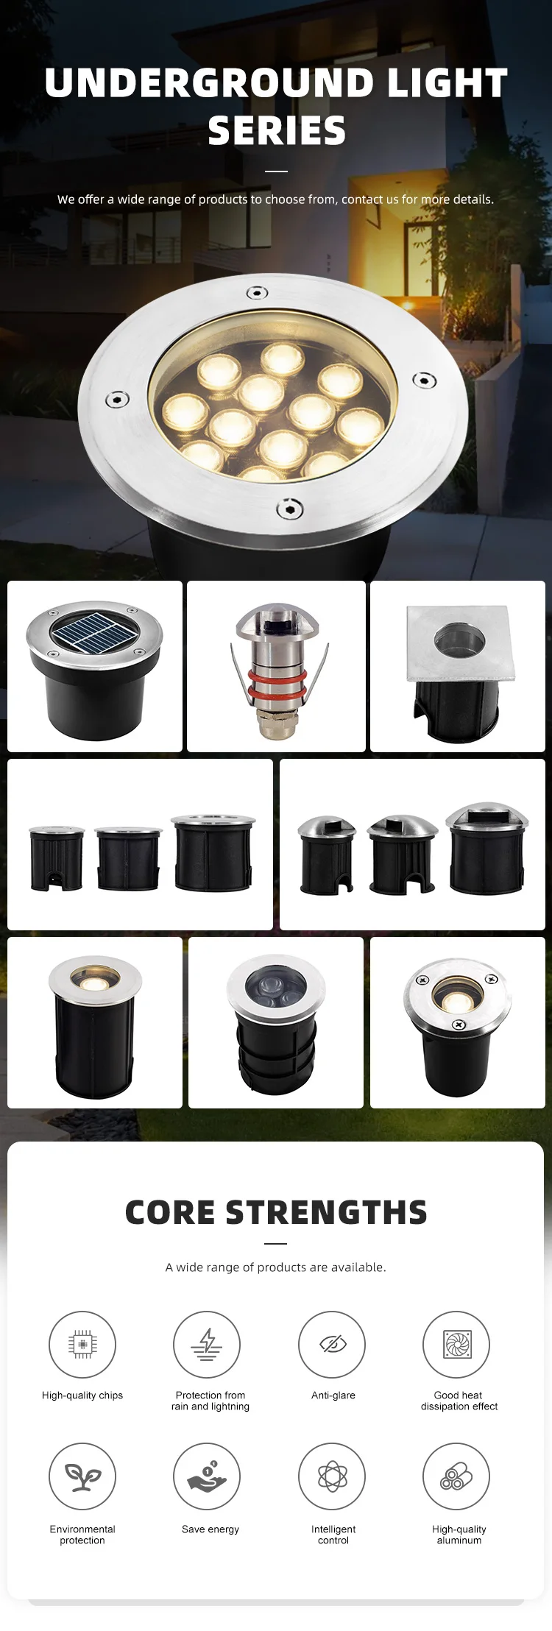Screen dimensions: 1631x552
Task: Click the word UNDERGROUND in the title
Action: [x=210, y=82]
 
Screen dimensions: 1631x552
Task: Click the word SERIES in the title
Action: [x=277, y=131]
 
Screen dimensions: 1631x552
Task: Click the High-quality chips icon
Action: [x=82, y=1344]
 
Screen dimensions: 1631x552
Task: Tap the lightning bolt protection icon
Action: [x=207, y=1344]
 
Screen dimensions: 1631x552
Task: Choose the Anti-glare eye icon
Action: [x=332, y=1344]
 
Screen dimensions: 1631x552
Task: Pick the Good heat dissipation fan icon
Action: [x=456, y=1344]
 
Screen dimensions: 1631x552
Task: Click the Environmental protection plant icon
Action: [x=82, y=1476]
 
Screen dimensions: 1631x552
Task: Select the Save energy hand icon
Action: [x=207, y=1476]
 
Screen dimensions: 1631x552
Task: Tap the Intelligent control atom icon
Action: [x=332, y=1476]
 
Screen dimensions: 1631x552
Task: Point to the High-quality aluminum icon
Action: [x=456, y=1476]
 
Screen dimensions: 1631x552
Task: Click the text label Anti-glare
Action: [x=333, y=1395]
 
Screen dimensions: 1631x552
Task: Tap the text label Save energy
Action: [x=210, y=1529]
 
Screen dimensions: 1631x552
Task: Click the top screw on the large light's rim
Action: [x=256, y=293]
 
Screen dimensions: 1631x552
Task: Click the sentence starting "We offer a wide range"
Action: [x=276, y=199]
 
